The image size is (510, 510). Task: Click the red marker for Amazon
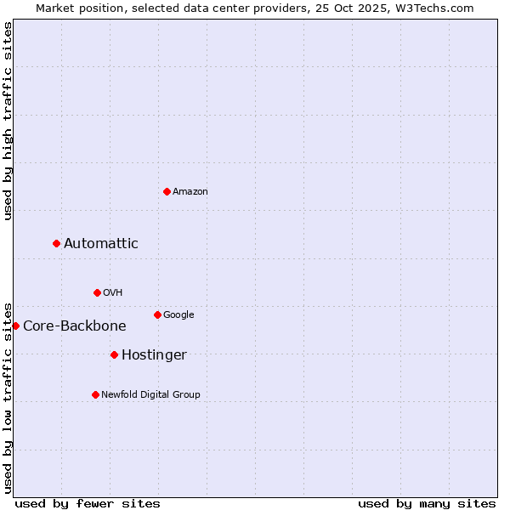coord(167,191)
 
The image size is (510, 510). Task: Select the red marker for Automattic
coord(57,243)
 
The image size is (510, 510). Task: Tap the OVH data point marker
coord(97,292)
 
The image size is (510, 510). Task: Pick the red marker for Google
coord(157,314)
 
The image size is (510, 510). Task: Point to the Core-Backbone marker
coord(15,326)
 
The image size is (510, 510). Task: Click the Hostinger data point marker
coord(114,354)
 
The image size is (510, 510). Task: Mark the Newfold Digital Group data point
coord(95,394)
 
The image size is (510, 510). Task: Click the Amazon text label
coord(190,191)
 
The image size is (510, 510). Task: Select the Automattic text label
coord(101,243)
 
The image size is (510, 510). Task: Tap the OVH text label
coord(113,292)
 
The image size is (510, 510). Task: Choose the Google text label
coord(178,314)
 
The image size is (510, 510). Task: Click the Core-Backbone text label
coord(75,326)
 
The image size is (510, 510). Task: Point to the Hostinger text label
coord(154,354)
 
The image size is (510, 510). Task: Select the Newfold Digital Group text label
coord(150,394)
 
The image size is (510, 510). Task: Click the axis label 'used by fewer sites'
coord(88,503)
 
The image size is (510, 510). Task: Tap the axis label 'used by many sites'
coord(427,503)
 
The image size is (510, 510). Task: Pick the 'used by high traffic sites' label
coord(8,121)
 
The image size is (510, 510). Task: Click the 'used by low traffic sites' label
coord(8,397)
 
